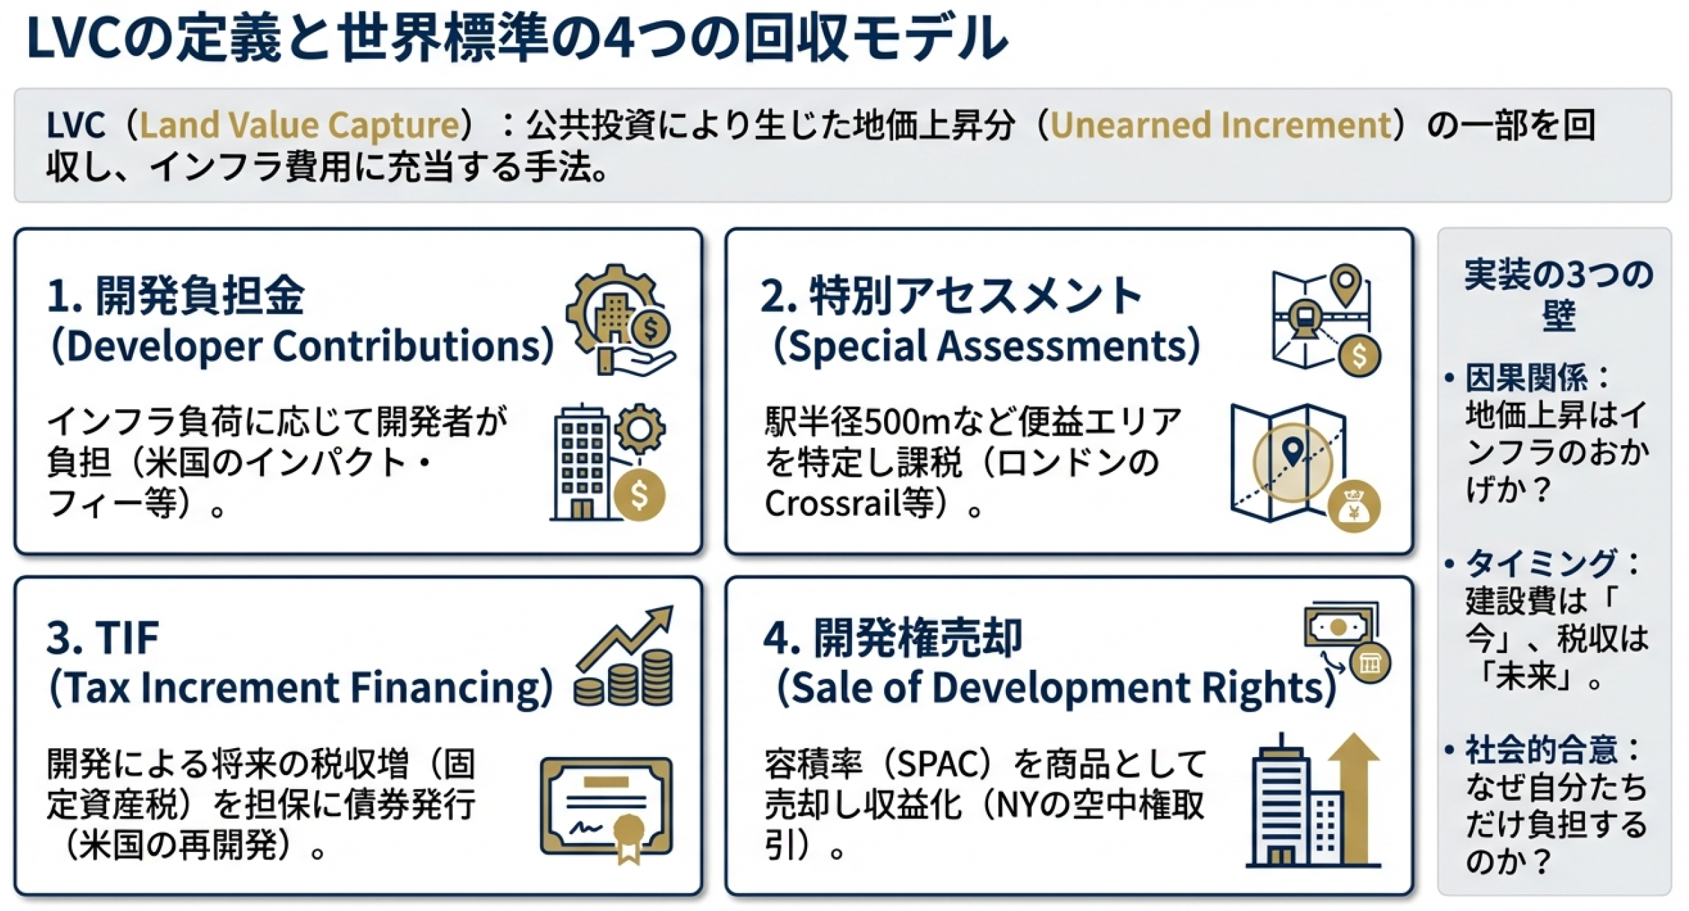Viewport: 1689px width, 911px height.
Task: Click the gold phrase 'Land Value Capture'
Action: (300, 125)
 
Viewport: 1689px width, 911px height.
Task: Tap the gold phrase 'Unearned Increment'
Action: (1221, 125)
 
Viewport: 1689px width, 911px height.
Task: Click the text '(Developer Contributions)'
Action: (302, 345)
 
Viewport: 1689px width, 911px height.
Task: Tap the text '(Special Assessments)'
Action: (985, 345)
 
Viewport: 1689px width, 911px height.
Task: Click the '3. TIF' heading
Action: (103, 637)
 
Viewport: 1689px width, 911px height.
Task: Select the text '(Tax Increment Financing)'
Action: (301, 687)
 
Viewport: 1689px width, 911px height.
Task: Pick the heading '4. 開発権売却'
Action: (892, 637)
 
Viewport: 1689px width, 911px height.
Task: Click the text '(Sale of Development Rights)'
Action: (1055, 687)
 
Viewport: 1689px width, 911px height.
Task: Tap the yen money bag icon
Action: (1353, 507)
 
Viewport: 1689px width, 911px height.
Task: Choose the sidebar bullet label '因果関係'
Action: (1525, 378)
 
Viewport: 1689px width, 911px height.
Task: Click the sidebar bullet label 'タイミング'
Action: (1541, 563)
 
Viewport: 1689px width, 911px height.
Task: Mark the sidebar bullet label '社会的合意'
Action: (1541, 749)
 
